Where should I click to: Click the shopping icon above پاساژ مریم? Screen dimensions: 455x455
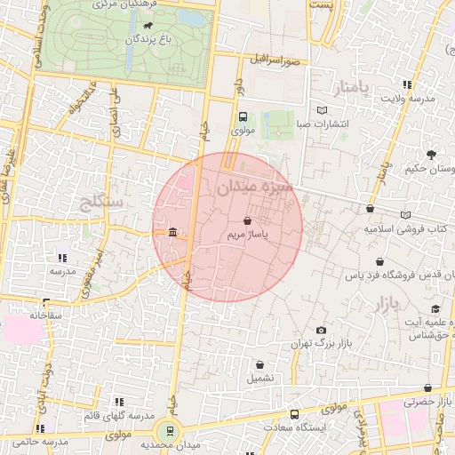point(246,220)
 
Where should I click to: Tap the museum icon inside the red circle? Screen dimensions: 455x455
point(172,233)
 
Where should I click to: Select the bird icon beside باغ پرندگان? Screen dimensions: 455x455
point(148,27)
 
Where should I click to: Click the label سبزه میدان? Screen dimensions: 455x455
point(252,187)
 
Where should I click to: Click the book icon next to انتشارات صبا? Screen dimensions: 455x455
point(322,110)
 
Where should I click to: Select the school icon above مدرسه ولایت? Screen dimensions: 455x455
point(407,85)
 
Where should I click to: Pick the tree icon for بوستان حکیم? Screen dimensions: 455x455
point(431,154)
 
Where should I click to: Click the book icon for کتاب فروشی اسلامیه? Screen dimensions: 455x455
point(406,215)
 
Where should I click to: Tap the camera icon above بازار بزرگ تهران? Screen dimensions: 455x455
point(321,331)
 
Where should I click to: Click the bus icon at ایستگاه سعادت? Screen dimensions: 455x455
point(295,414)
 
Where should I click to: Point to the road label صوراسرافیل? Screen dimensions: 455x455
point(274,60)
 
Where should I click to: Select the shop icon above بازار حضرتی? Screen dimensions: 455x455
point(428,388)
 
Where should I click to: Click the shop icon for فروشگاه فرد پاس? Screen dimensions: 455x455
point(380,262)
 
